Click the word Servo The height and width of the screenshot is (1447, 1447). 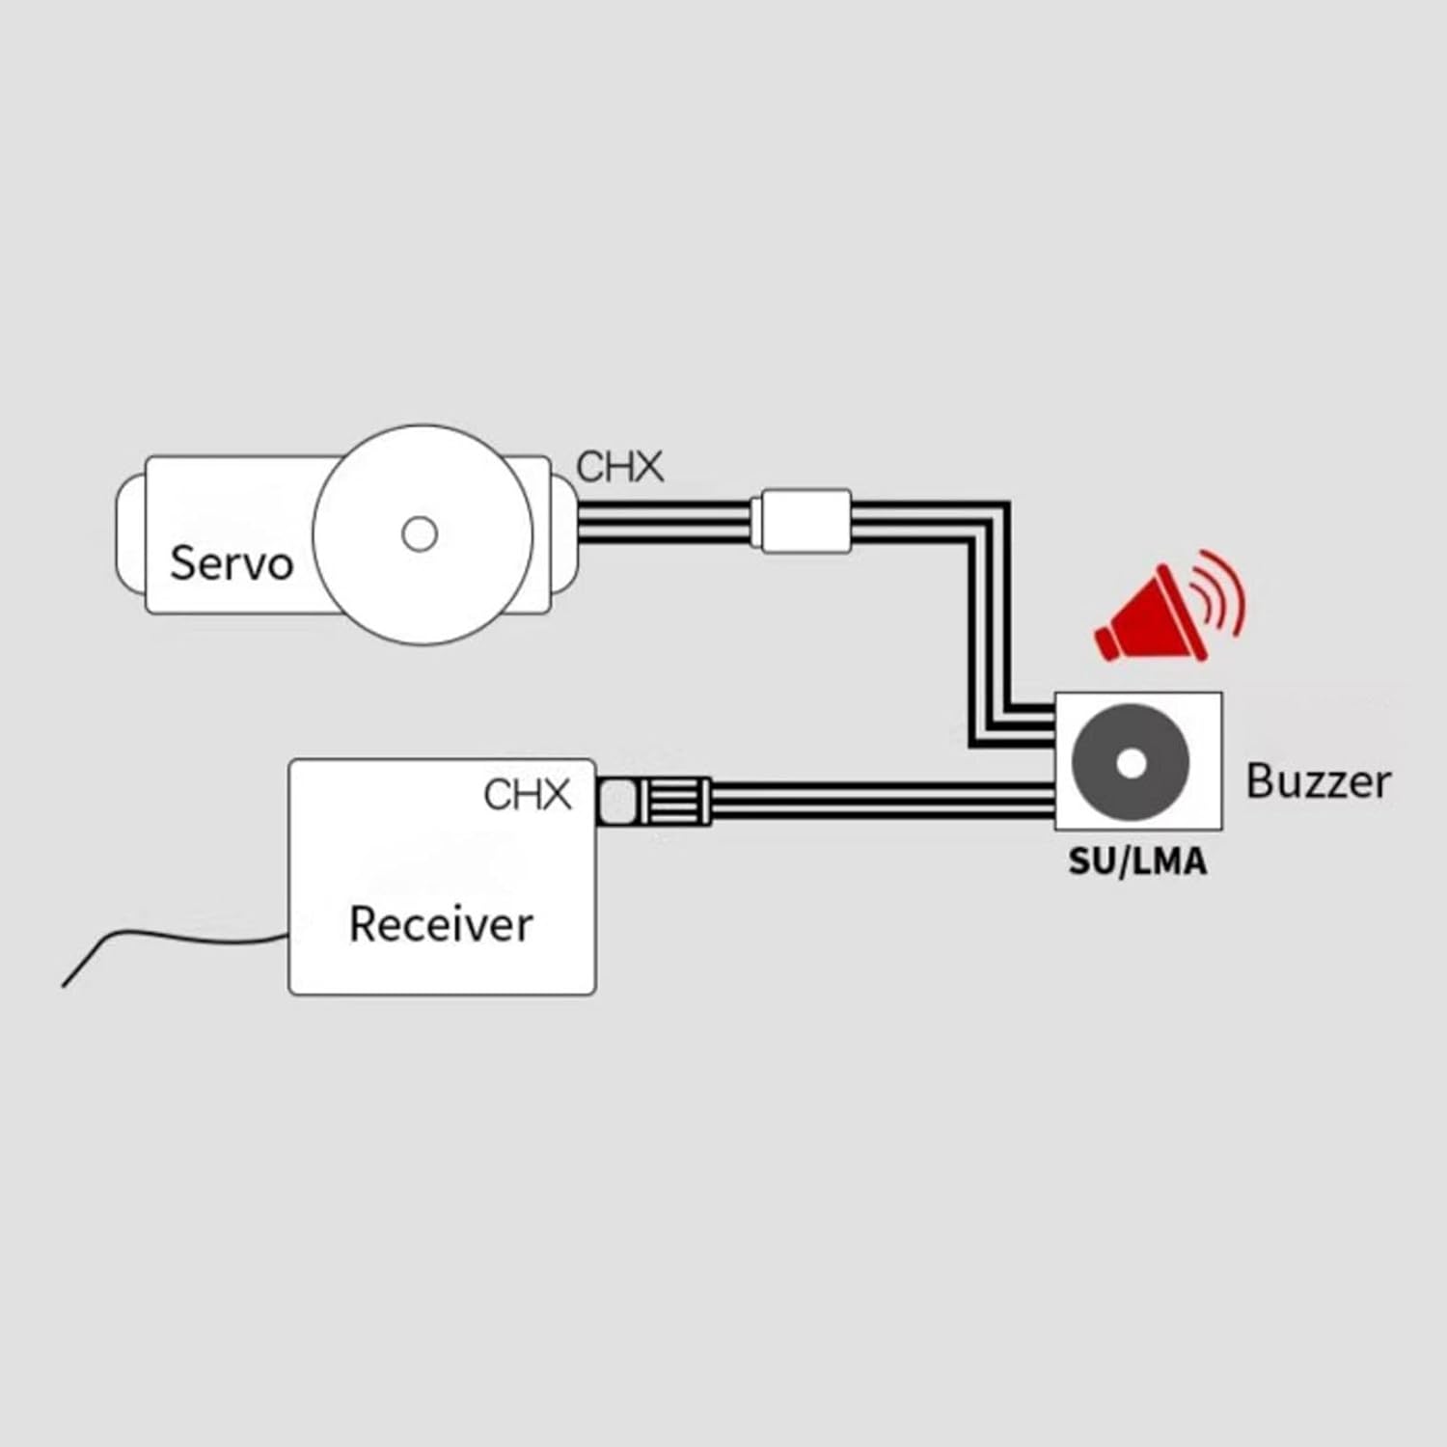(231, 562)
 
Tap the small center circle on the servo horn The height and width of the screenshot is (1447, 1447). (419, 533)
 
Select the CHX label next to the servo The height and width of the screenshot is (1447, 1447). (619, 467)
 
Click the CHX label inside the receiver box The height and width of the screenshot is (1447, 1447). (527, 795)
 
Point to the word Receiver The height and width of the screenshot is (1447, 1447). (440, 924)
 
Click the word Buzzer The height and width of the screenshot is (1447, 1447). (1318, 780)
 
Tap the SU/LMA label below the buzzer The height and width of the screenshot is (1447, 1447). (1136, 861)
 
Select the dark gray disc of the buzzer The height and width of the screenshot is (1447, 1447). (1100, 762)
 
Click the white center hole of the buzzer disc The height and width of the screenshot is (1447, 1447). (1131, 763)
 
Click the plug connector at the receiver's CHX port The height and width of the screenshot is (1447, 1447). (654, 801)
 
